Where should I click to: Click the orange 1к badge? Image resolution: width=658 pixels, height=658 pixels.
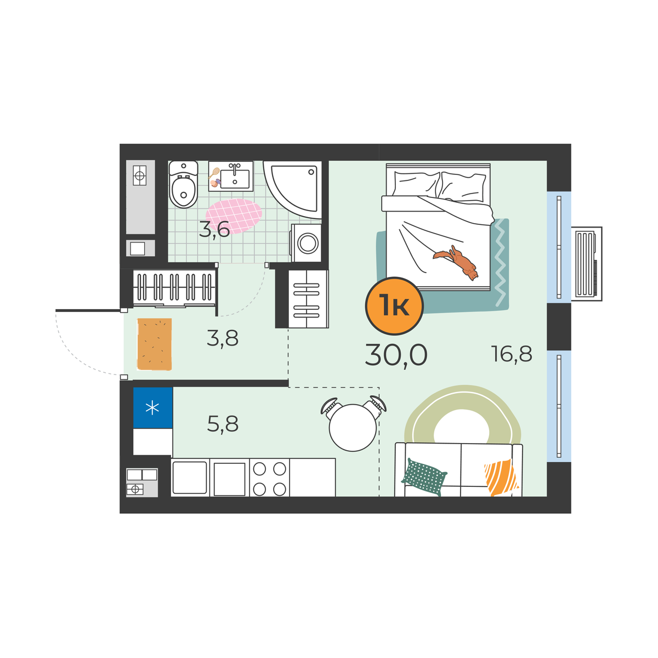tap(394, 305)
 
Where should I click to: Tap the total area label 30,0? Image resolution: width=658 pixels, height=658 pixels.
tap(396, 355)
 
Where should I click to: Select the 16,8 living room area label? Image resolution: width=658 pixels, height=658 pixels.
tap(512, 354)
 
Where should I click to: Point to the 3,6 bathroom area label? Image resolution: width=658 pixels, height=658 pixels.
tap(214, 229)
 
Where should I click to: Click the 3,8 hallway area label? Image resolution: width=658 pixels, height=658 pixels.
tap(222, 338)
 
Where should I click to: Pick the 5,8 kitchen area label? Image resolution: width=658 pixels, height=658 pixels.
tap(223, 424)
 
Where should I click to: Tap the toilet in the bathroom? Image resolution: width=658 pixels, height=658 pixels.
tap(183, 184)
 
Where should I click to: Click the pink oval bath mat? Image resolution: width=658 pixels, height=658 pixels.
tap(234, 216)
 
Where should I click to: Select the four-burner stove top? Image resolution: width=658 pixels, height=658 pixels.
tap(269, 478)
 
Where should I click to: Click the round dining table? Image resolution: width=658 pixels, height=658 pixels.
tap(353, 428)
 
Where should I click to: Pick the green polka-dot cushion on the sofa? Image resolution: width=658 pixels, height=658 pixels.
tap(424, 477)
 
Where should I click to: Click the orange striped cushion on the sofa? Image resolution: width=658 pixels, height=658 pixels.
tap(501, 477)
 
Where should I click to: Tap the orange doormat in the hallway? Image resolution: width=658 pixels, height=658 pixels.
tap(154, 344)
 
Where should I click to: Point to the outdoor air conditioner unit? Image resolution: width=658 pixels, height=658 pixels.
tap(587, 264)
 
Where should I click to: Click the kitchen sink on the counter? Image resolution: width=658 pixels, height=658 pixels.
tap(190, 478)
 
